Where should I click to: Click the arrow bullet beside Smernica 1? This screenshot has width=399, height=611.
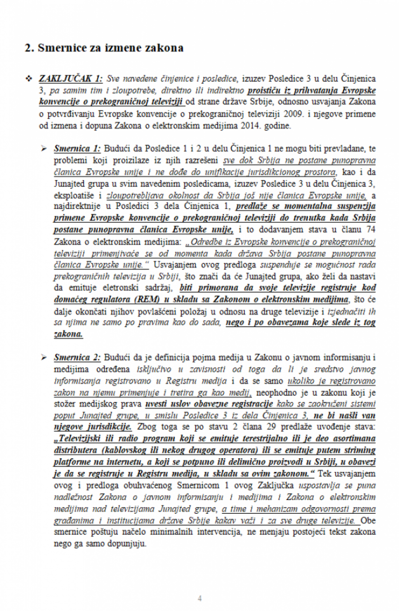coord(44,149)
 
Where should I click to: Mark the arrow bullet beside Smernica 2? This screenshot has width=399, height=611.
coord(44,357)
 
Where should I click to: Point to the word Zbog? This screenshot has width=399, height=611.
coord(147,427)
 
